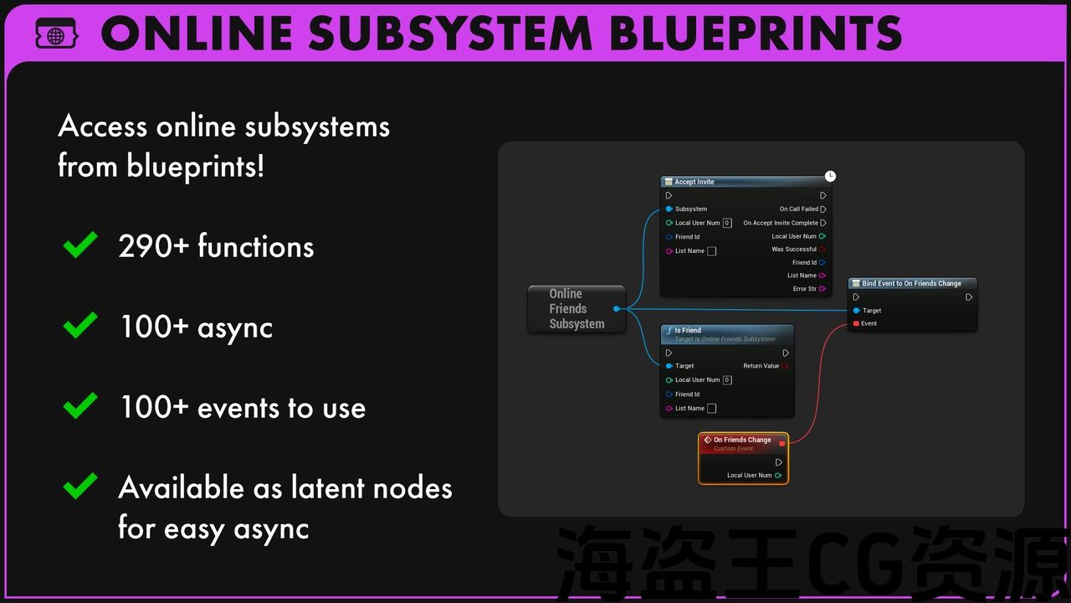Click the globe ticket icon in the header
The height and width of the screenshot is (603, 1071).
click(x=56, y=34)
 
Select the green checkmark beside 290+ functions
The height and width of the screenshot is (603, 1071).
click(x=80, y=245)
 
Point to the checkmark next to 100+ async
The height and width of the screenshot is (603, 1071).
click(x=80, y=326)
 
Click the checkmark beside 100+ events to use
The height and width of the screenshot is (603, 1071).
click(x=80, y=407)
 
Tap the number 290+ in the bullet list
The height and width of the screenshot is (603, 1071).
click(x=146, y=247)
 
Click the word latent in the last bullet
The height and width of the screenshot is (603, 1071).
click(x=327, y=487)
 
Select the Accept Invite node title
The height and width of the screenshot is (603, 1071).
click(x=694, y=182)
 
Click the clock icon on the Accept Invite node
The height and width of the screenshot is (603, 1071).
click(x=830, y=176)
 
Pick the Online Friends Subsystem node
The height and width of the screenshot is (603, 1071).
click(x=576, y=308)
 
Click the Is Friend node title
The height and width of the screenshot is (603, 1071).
click(x=688, y=330)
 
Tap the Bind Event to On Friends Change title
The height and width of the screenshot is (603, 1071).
click(x=911, y=283)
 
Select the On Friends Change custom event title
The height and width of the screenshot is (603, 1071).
click(x=742, y=440)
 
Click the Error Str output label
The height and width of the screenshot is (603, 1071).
click(x=804, y=289)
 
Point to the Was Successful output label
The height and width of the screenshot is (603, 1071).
click(x=793, y=249)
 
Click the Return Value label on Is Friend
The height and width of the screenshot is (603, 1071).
click(x=761, y=366)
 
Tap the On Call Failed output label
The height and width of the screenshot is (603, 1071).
click(x=798, y=209)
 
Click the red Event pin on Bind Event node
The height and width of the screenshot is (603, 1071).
click(x=856, y=323)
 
